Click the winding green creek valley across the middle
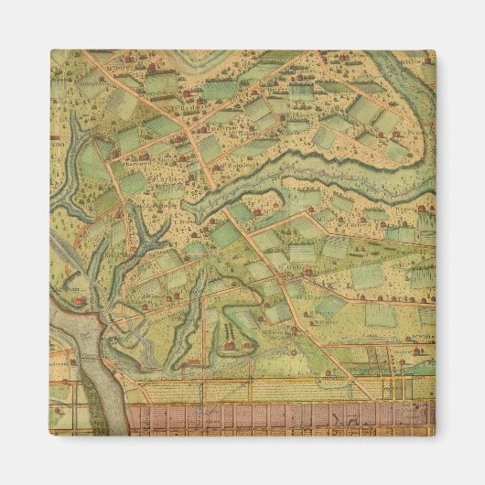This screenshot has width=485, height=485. pyautogui.click(x=275, y=178)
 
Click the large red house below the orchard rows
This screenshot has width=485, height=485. pyautogui.click(x=226, y=347)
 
